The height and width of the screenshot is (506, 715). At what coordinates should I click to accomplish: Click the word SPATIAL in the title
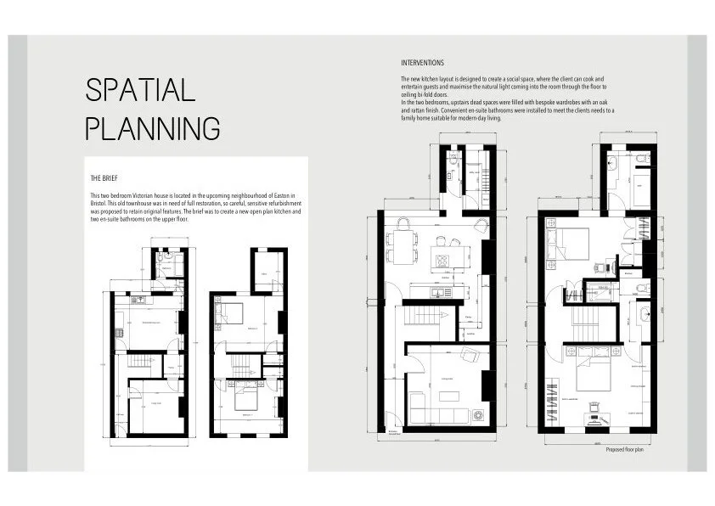click(x=141, y=90)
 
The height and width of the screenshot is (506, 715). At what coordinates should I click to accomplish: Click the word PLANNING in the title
click(x=154, y=128)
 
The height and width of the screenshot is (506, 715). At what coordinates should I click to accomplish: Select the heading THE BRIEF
click(x=104, y=179)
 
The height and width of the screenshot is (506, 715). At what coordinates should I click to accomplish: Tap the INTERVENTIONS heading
click(x=422, y=63)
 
